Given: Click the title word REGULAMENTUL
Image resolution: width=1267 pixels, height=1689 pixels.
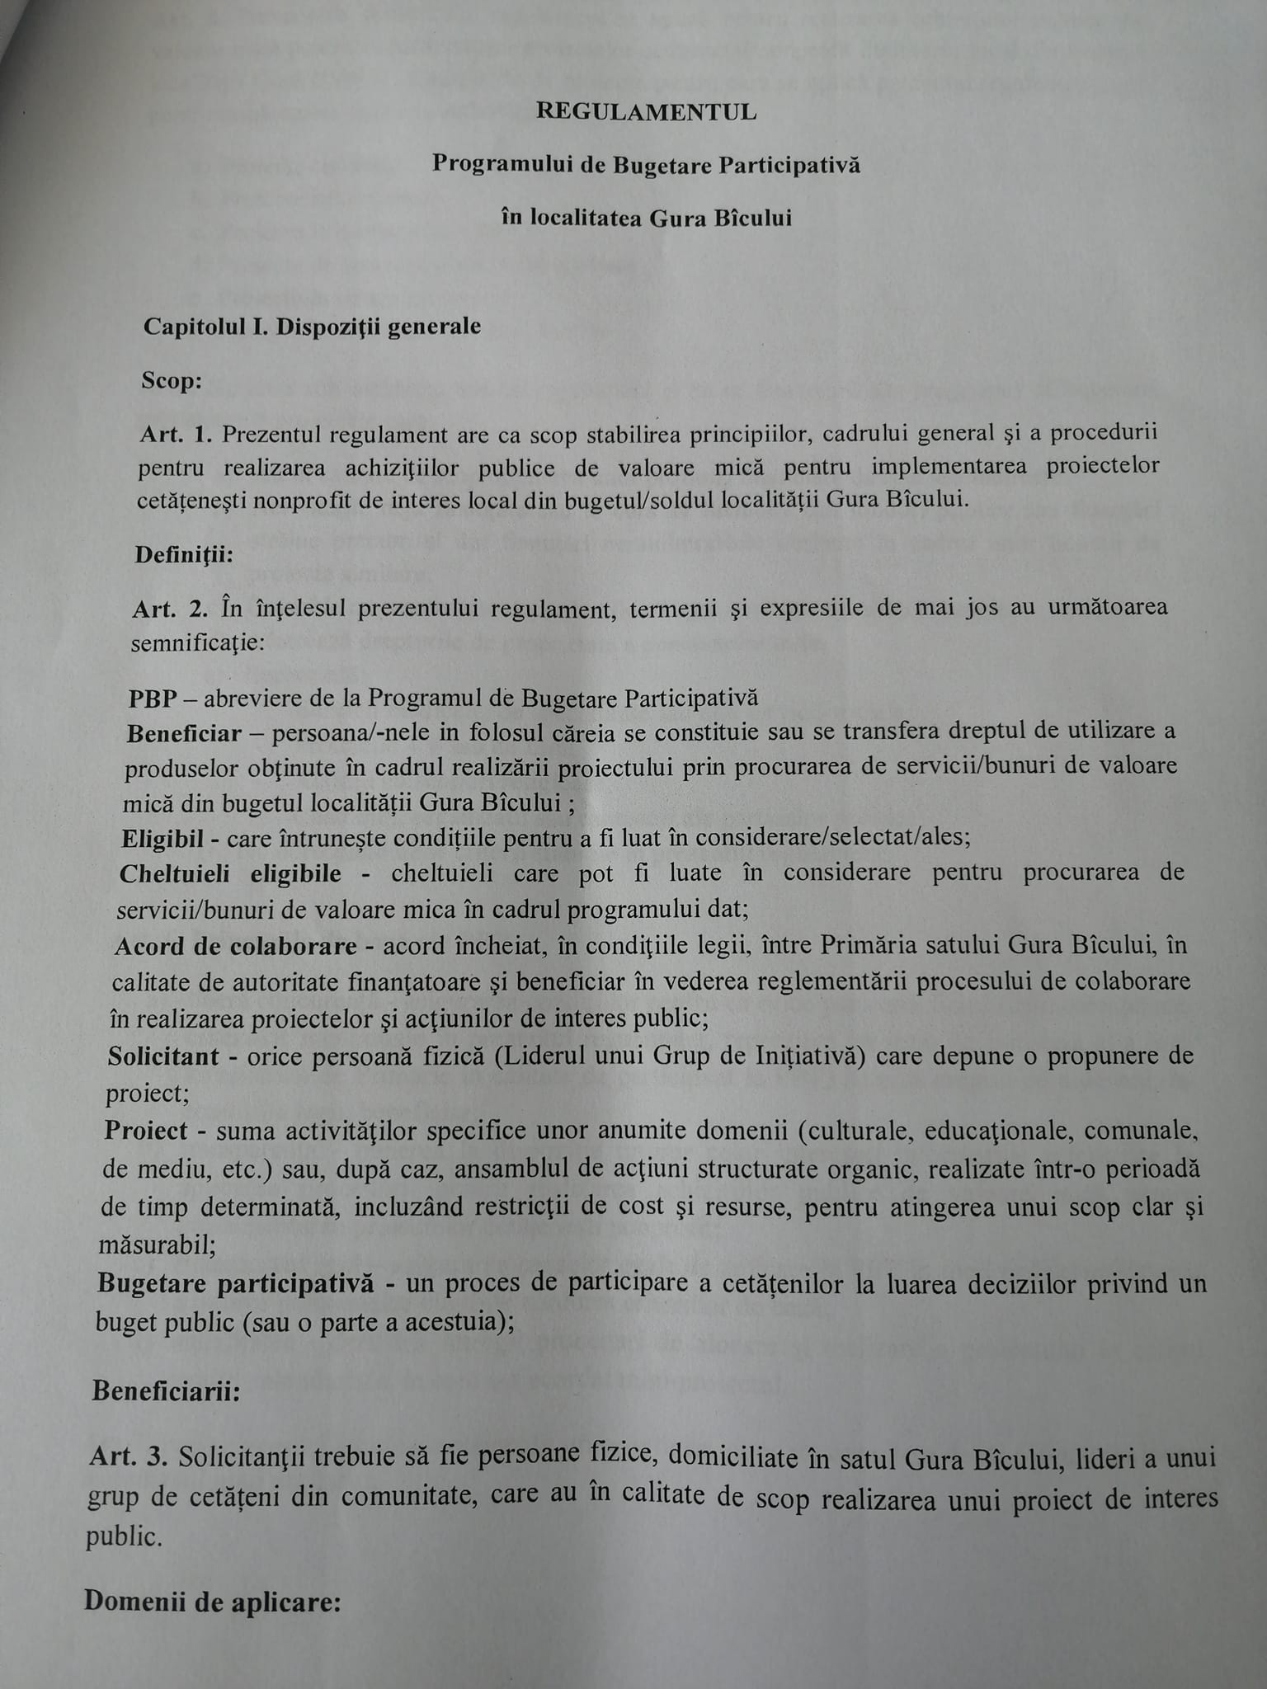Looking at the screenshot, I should pyautogui.click(x=646, y=112).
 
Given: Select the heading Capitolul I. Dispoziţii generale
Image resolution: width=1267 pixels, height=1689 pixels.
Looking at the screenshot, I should pyautogui.click(x=312, y=327).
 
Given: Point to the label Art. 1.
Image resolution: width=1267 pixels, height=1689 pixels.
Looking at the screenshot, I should pyautogui.click(x=177, y=435).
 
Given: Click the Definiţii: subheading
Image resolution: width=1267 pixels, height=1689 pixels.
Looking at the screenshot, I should pyautogui.click(x=184, y=554).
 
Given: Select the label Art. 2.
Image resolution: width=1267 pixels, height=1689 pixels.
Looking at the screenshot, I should pyautogui.click(x=170, y=610).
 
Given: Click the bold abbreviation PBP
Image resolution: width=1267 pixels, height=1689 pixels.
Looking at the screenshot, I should pyautogui.click(x=153, y=699).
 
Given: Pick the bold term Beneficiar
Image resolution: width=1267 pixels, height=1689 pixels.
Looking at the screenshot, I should pyautogui.click(x=184, y=733).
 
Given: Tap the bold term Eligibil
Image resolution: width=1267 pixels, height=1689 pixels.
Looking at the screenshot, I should pyautogui.click(x=162, y=839).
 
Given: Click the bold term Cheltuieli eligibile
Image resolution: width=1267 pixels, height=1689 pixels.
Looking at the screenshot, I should pyautogui.click(x=230, y=874).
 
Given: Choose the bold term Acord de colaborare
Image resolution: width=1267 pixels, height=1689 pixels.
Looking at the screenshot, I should pyautogui.click(x=236, y=946).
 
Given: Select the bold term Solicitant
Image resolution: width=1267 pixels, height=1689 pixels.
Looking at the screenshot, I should pyautogui.click(x=163, y=1056).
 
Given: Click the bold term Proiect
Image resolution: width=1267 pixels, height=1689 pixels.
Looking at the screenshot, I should pyautogui.click(x=146, y=1131).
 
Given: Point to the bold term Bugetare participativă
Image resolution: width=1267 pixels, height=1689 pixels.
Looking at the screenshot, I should pyautogui.click(x=235, y=1284).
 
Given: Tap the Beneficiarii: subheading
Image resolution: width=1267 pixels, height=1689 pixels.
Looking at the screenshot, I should pyautogui.click(x=166, y=1391).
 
